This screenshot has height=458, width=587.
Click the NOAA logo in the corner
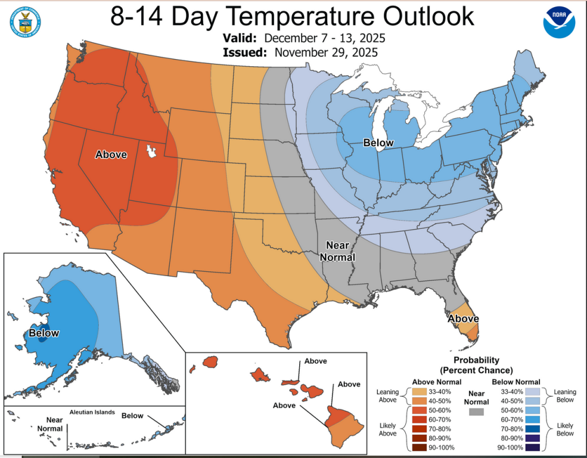(x=559, y=23)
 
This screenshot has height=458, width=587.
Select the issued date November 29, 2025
(x=326, y=52)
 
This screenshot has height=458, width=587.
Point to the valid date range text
(x=325, y=38)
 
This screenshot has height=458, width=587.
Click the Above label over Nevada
(x=111, y=154)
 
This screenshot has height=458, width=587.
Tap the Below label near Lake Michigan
(x=378, y=143)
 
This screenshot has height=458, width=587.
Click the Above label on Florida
(x=462, y=318)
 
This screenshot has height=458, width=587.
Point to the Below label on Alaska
(x=44, y=333)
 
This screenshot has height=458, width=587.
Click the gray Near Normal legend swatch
(x=476, y=412)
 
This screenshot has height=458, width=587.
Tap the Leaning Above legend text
(x=387, y=396)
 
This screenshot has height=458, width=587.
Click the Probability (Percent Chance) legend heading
(x=477, y=365)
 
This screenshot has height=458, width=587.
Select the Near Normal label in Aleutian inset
(x=50, y=424)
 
